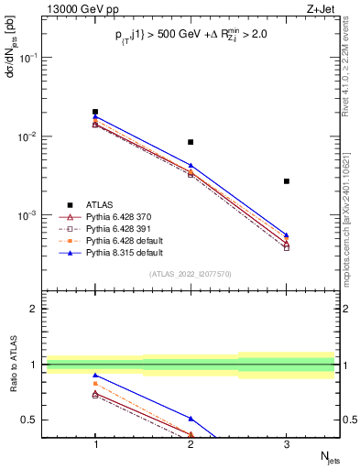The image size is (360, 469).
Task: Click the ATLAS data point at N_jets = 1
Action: (95, 112)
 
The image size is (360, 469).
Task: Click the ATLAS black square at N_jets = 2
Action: (191, 142)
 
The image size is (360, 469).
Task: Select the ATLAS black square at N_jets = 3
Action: (287, 181)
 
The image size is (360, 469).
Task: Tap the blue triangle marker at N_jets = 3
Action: (287, 234)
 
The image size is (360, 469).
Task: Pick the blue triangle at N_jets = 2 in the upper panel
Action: (191, 166)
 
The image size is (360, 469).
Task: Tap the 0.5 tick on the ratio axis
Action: (36, 420)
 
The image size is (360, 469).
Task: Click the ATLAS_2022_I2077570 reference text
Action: (191, 273)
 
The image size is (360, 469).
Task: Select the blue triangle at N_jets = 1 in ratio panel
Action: (95, 376)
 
